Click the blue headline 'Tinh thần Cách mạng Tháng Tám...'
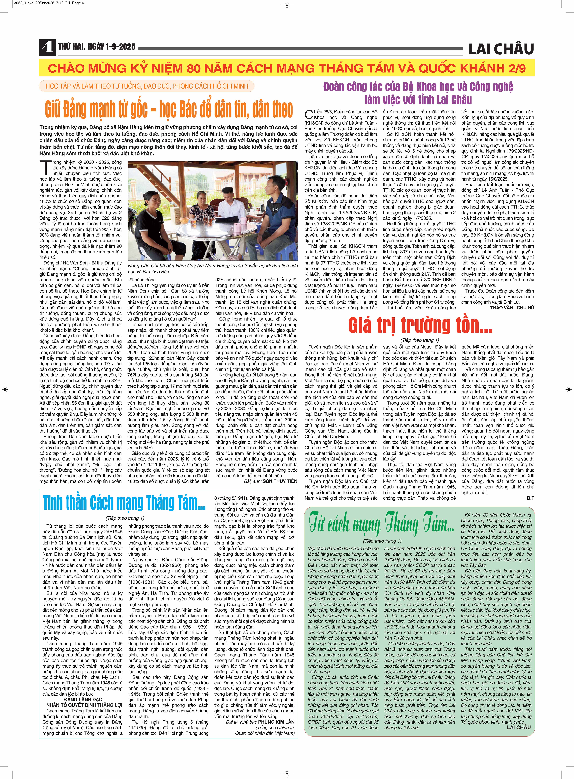pos(124,503)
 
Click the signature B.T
pos(530,498)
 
